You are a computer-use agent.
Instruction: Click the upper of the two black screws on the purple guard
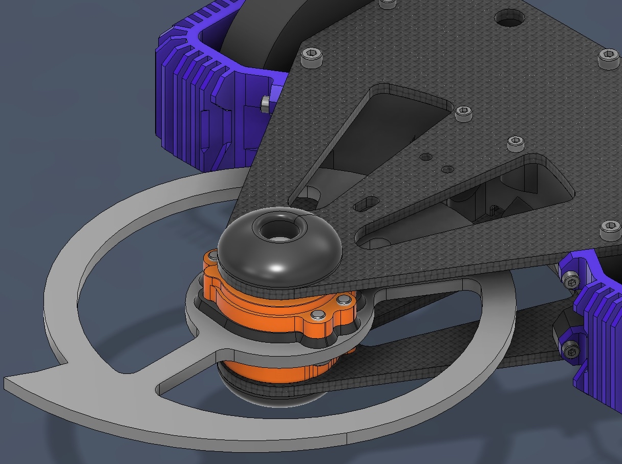[571, 281]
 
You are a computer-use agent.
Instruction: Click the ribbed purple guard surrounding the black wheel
[195, 102]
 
